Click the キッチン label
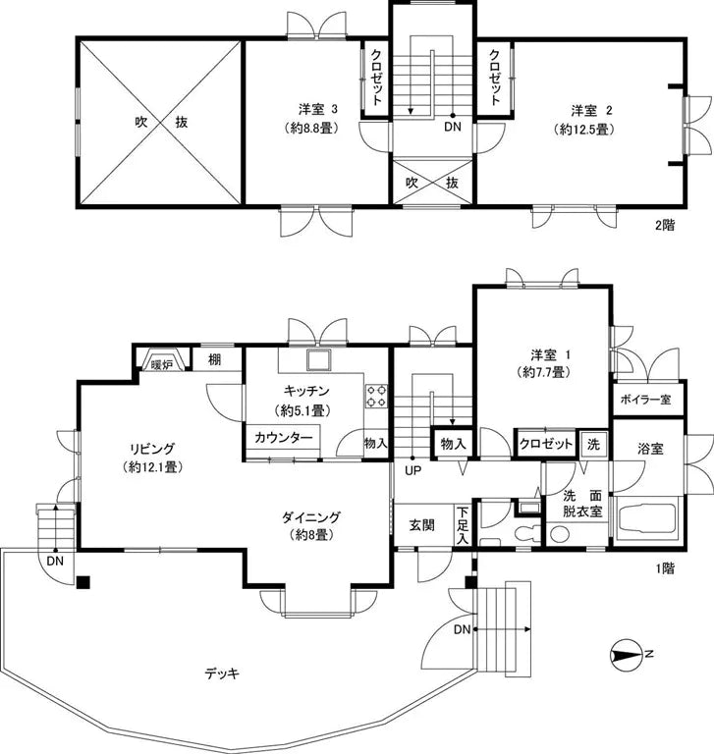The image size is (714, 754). coord(303,390)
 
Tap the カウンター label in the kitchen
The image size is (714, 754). coord(283,438)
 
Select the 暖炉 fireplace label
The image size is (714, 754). coord(162,363)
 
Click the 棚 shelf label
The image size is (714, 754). coord(214,360)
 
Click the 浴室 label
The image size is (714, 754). coord(650,449)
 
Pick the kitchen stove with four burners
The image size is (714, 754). coord(377,395)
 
